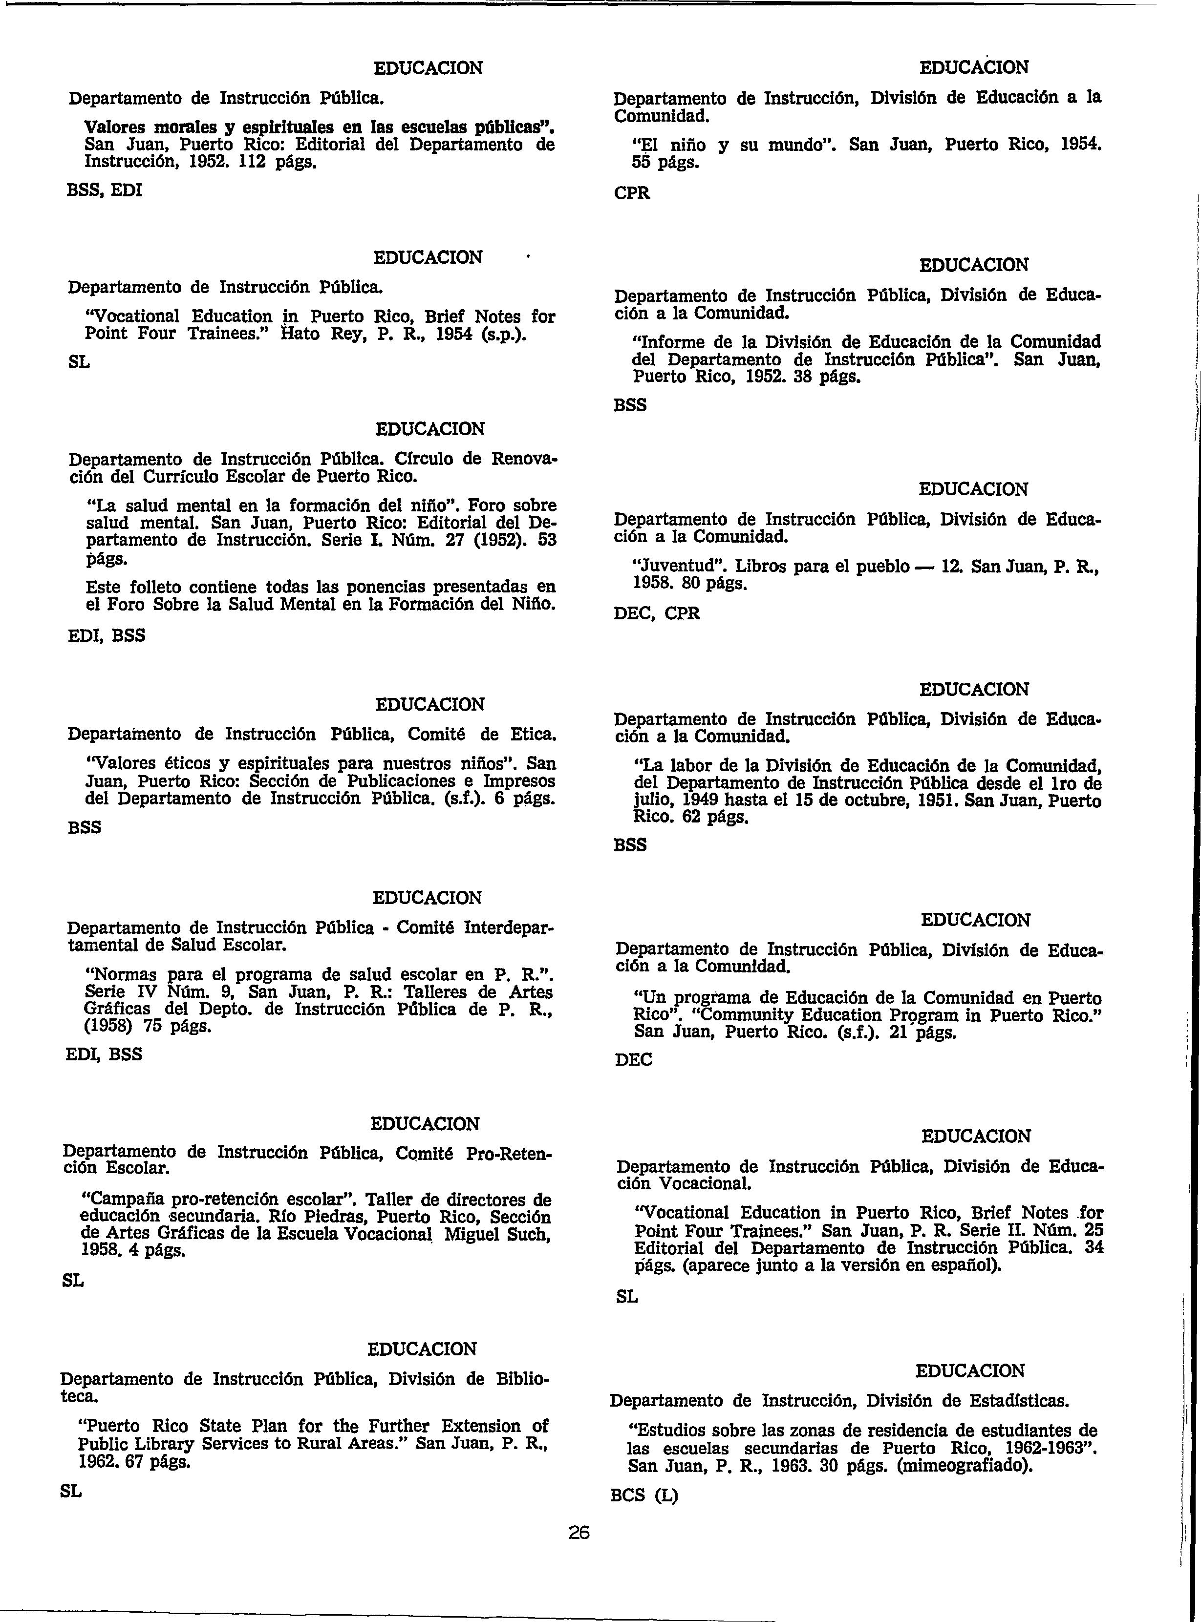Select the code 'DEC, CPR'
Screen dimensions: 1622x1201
657,613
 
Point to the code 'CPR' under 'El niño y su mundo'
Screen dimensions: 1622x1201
632,193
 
